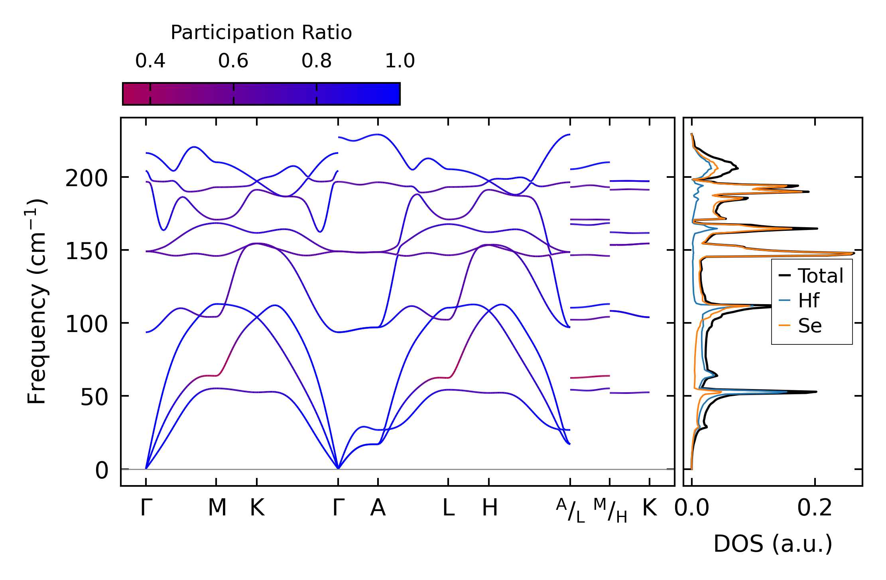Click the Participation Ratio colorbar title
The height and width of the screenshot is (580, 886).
pos(261,33)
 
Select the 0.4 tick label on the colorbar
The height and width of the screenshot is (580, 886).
pos(150,61)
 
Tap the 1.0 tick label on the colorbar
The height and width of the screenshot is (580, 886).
pos(400,61)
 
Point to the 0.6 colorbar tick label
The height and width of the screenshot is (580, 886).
pos(233,61)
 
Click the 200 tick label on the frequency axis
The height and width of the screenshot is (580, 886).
pos(87,178)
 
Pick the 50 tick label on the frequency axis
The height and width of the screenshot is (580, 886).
pos(94,397)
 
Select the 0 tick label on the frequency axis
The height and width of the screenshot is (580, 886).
pos(102,470)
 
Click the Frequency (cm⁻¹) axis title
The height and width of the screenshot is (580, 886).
pos(37,301)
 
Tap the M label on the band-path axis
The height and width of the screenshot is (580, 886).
pos(217,508)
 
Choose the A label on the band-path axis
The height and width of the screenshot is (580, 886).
pos(378,508)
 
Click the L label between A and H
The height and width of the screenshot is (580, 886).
pos(449,508)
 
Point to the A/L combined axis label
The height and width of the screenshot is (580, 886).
pos(570,510)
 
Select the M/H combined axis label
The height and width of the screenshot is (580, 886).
pos(610,510)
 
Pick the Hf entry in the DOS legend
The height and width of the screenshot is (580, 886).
pos(808,301)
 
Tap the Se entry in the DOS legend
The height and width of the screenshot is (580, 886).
pos(809,326)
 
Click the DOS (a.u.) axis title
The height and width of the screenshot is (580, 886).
pos(773,544)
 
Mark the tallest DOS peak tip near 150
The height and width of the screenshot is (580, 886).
pos(853,253)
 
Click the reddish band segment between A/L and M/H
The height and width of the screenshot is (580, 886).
pos(590,377)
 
